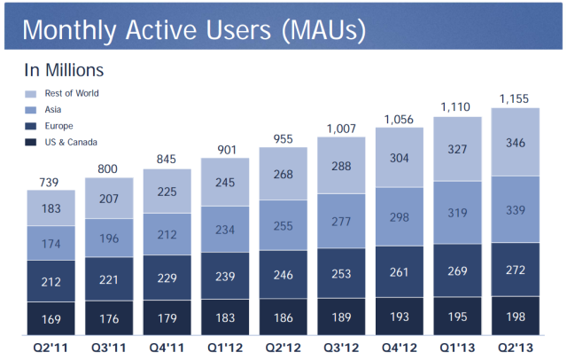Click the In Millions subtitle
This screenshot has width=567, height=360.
63,69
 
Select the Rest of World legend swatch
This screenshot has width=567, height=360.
32,93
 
